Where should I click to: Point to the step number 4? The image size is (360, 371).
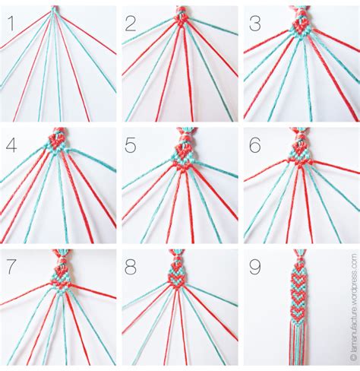[x=11, y=144]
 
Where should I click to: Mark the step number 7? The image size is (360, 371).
[x=11, y=267]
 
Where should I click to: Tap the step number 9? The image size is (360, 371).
[x=255, y=267]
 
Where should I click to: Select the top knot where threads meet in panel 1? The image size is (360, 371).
[x=55, y=10]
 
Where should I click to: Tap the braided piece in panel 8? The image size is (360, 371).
[x=180, y=274]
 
